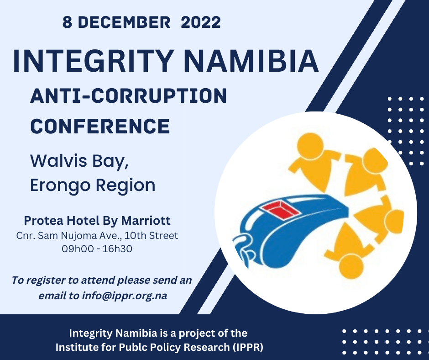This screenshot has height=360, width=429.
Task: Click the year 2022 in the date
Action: (x=201, y=22)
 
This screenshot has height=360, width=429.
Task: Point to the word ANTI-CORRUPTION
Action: (x=128, y=96)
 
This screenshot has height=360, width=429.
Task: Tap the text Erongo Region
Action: (x=93, y=185)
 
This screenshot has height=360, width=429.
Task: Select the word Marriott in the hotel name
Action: (x=146, y=221)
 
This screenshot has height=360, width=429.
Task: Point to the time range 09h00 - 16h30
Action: (x=97, y=249)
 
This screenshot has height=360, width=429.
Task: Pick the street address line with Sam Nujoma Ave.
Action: (x=97, y=236)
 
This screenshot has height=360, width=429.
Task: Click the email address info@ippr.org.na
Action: (x=125, y=296)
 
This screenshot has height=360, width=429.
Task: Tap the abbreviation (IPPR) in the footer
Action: (x=247, y=347)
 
